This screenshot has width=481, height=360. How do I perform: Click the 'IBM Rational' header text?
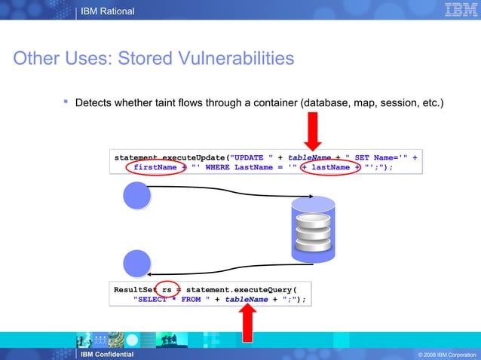(x=109, y=11)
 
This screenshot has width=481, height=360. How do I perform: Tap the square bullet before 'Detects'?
(x=66, y=101)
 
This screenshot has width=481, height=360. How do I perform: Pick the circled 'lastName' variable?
(x=330, y=167)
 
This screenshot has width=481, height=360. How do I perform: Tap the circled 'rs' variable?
(x=167, y=289)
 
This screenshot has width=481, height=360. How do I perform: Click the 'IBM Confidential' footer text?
(x=109, y=354)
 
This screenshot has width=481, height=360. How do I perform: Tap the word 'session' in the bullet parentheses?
(x=394, y=102)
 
